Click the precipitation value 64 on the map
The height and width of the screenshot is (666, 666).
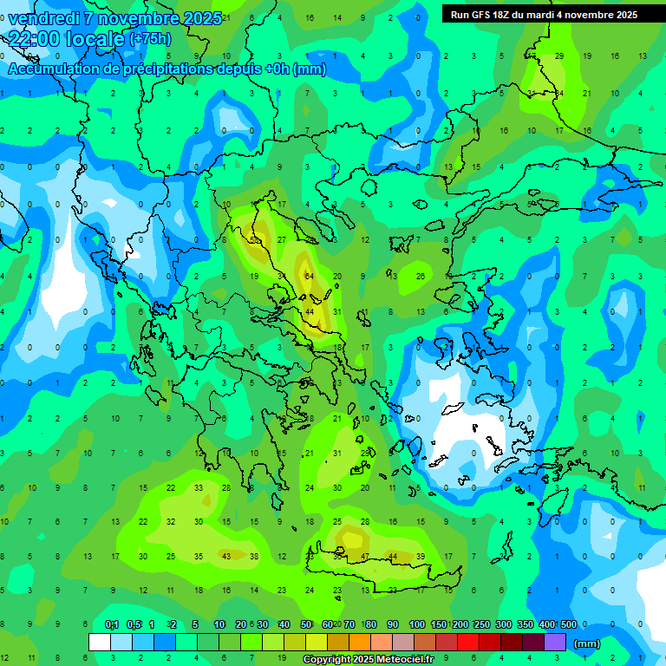pos(309,276)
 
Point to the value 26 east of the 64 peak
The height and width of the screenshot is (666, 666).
pos(421,276)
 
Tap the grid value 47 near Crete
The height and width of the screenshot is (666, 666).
pos(365,556)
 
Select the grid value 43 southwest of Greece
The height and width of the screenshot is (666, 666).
pos(226,556)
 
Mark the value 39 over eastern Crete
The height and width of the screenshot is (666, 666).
pos(421,556)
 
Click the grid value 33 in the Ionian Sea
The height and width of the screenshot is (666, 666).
pos(199,488)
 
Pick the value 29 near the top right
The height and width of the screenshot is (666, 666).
pos(559,56)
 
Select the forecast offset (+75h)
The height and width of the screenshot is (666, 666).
pos(150,39)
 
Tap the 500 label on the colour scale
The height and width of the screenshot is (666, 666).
pos(569,624)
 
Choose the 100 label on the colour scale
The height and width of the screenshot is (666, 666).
pos(417,624)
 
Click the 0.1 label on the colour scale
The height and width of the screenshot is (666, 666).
pos(112,624)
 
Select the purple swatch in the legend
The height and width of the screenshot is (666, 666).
pos(555,642)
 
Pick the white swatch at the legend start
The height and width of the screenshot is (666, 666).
pos(100,642)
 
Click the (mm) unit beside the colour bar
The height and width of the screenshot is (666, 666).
pos(587,643)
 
